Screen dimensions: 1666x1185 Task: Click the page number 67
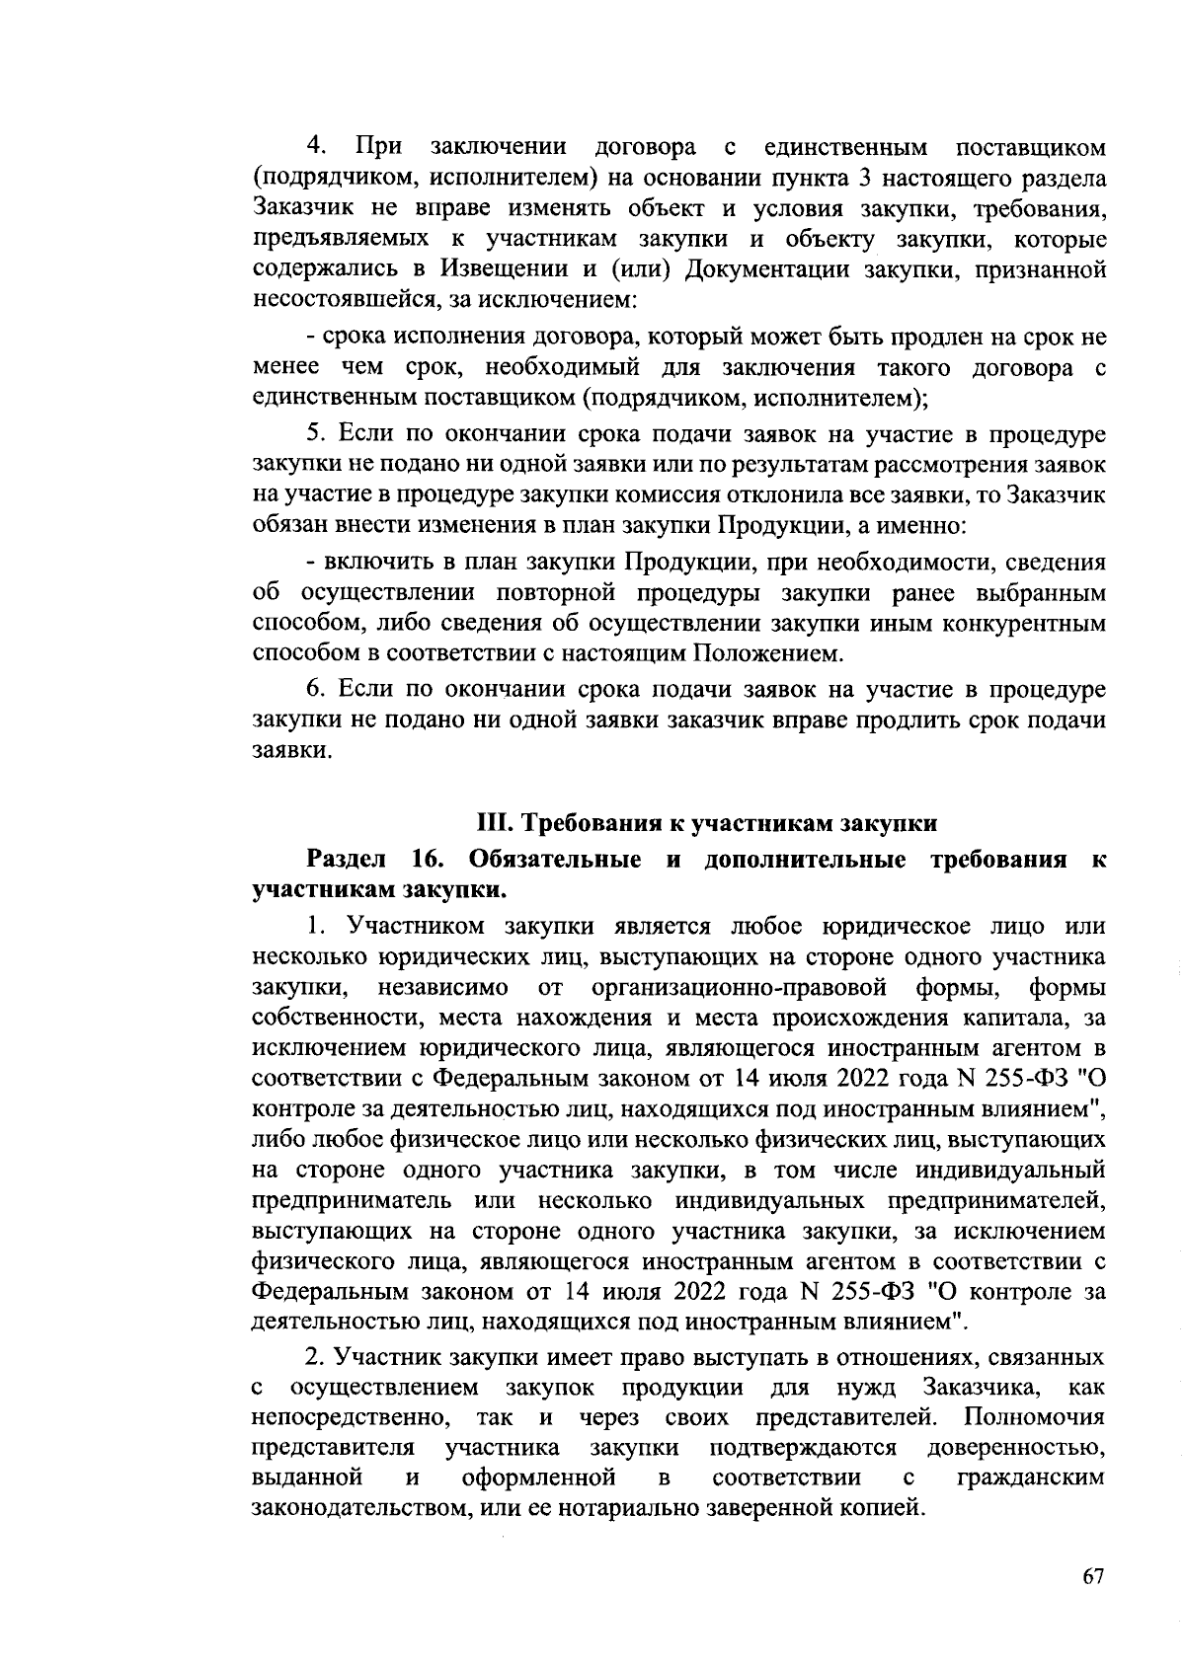1091,1576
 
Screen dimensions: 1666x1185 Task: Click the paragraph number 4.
316,147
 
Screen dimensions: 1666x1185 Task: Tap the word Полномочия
1034,1418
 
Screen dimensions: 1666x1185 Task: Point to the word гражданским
1031,1477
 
